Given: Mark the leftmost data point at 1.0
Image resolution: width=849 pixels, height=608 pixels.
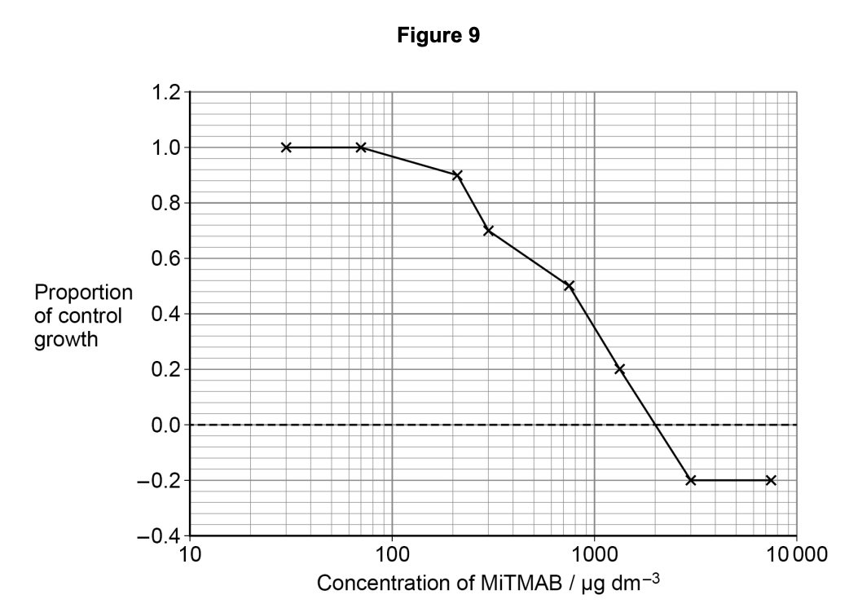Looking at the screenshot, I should pos(286,148).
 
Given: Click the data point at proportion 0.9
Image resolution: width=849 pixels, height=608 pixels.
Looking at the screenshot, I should pos(457,175).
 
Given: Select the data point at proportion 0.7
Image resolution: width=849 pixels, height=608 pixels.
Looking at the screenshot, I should pos(488,231).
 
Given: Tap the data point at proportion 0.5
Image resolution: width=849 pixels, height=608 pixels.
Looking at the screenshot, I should pos(569,286).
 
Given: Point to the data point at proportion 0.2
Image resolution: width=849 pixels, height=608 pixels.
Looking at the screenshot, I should pos(619,369).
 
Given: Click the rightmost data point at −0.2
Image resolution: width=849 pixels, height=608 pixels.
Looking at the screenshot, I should pos(771,480).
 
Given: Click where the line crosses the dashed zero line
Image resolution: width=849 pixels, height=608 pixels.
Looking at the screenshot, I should pos(656,425).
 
